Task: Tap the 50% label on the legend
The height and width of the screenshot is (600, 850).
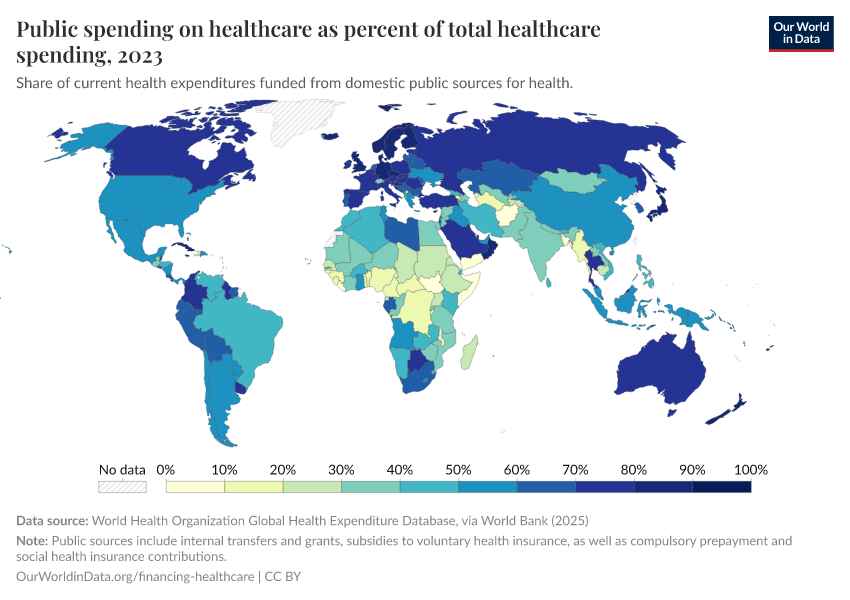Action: [458, 470]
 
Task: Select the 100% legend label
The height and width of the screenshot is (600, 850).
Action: [750, 470]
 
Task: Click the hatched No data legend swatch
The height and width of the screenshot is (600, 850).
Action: [122, 487]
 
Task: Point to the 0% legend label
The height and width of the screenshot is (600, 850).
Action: [166, 470]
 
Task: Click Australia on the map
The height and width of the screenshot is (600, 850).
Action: [660, 365]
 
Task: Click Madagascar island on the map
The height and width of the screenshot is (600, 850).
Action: [469, 350]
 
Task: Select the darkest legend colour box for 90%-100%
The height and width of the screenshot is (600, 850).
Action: [721, 487]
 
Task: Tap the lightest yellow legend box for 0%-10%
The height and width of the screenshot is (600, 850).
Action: [195, 487]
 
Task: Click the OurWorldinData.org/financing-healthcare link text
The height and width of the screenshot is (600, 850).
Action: [136, 577]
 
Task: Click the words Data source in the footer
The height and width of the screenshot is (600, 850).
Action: [52, 521]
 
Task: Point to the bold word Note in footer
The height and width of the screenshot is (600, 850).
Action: [32, 541]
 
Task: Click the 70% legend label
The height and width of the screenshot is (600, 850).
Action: [575, 470]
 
